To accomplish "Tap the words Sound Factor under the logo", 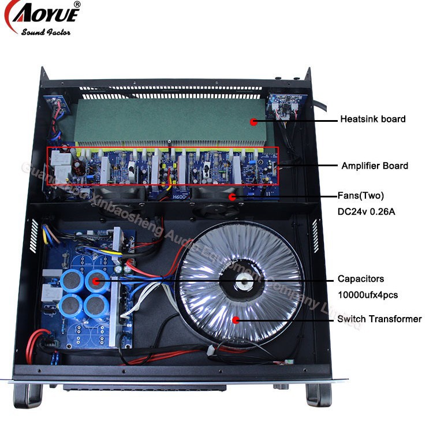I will click(x=46, y=32).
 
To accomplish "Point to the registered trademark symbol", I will click(x=77, y=5).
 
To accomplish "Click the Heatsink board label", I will click(x=372, y=119).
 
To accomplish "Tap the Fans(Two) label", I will click(x=361, y=195).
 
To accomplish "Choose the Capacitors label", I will click(x=361, y=279).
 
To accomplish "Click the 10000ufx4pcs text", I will click(x=367, y=295).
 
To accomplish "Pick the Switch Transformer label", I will click(x=379, y=319).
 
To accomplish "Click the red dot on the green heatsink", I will click(x=252, y=121).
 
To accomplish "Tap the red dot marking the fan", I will click(x=233, y=197).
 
